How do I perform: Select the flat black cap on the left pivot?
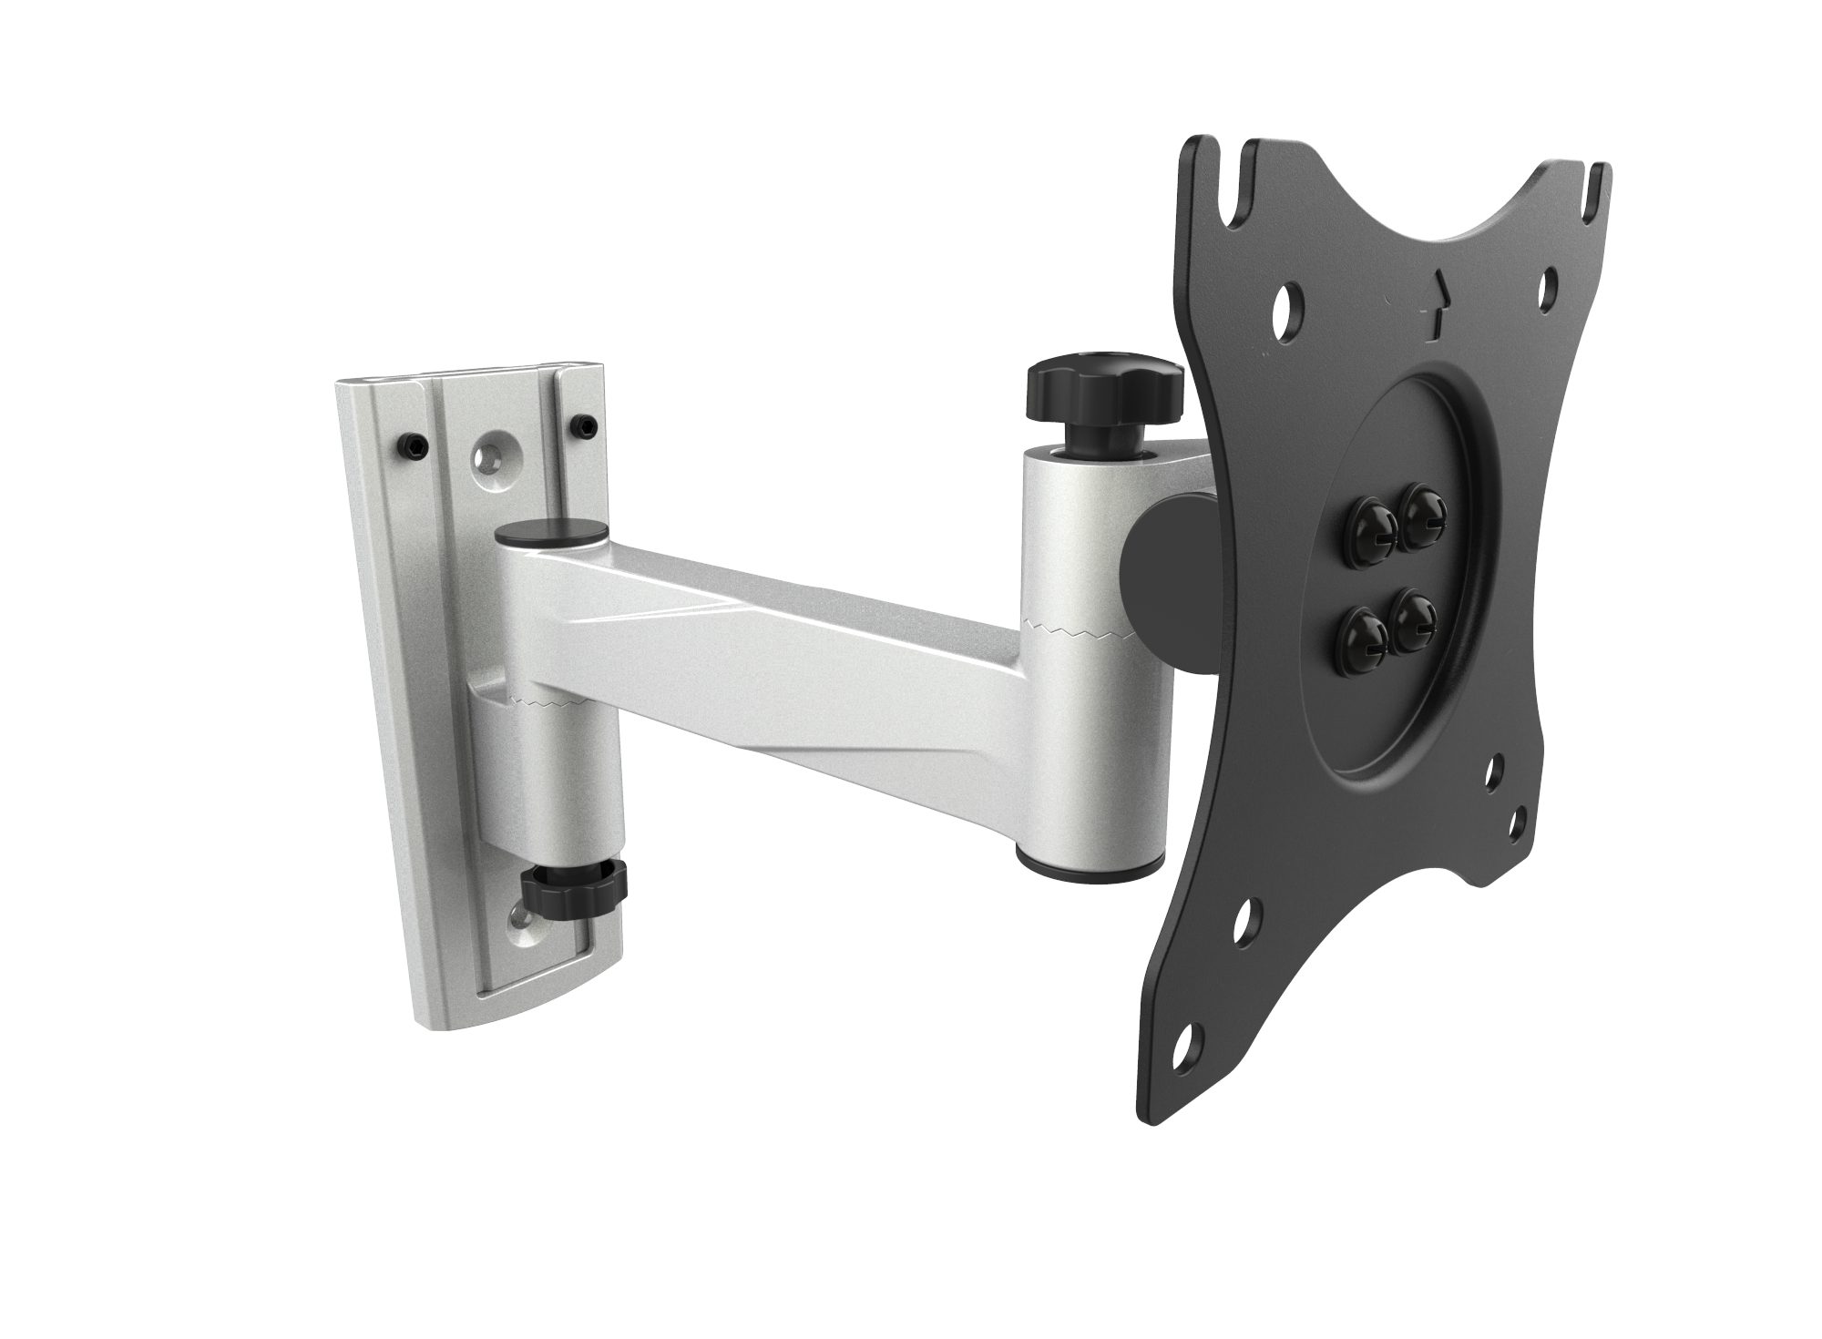(552, 532)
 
